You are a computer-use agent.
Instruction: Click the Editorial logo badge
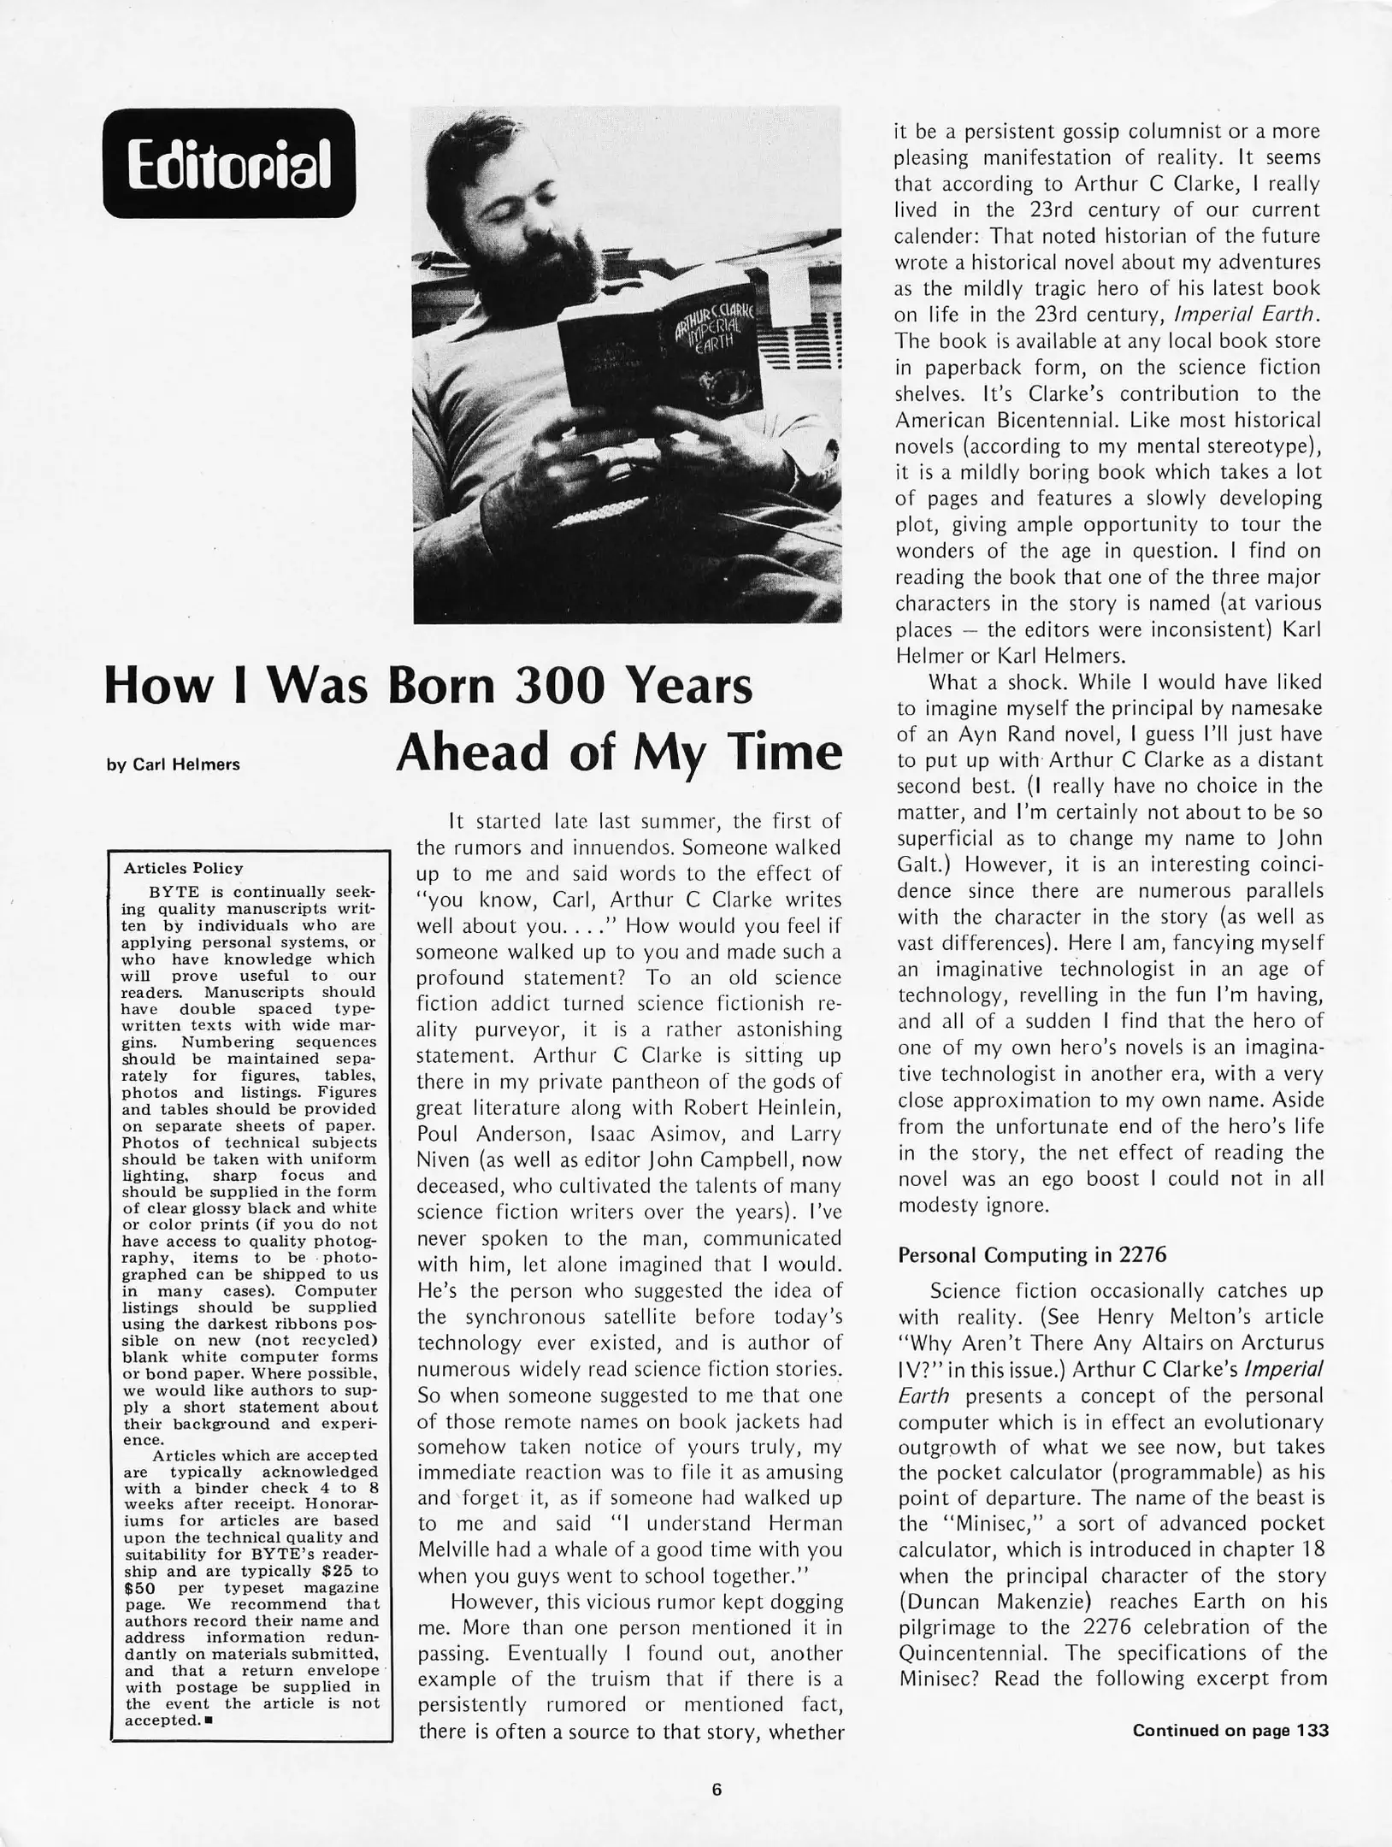point(228,162)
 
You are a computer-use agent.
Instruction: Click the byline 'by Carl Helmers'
point(174,764)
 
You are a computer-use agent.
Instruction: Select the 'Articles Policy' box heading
point(183,868)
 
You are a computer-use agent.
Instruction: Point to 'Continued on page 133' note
point(1230,1723)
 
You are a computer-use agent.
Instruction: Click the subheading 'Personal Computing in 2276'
point(1032,1254)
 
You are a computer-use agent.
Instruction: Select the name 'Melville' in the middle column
point(457,1550)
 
